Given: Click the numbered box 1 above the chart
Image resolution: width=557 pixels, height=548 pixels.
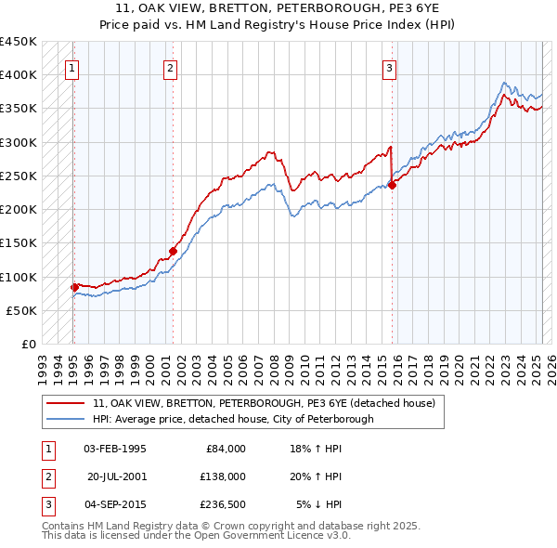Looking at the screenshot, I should click(x=71, y=67).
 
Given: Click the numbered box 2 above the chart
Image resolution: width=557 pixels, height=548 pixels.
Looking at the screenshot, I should click(x=171, y=67).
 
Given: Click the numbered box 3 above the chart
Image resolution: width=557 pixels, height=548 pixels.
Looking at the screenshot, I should click(x=390, y=67).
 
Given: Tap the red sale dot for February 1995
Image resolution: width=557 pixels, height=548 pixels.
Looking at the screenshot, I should click(x=74, y=287).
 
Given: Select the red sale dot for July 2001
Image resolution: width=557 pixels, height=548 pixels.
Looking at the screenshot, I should click(x=173, y=251).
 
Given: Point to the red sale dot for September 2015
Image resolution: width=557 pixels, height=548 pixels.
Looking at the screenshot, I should click(x=392, y=185).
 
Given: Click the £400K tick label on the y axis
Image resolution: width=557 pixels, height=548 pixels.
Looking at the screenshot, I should click(x=19, y=75).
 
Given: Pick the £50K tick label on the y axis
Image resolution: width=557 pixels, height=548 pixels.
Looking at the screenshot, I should click(x=22, y=310).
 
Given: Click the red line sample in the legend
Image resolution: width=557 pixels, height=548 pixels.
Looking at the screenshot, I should click(x=67, y=403).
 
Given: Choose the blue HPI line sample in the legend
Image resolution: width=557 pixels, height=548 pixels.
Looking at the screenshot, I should click(x=67, y=419).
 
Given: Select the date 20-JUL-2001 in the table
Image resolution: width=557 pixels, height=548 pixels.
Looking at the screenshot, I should click(x=117, y=476).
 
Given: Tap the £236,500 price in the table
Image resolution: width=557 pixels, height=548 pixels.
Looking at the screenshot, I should click(x=223, y=504).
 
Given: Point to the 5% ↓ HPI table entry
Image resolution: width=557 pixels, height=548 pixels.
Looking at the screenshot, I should click(x=319, y=504).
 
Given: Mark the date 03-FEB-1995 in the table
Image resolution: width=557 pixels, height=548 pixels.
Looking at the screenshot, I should click(x=114, y=449).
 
